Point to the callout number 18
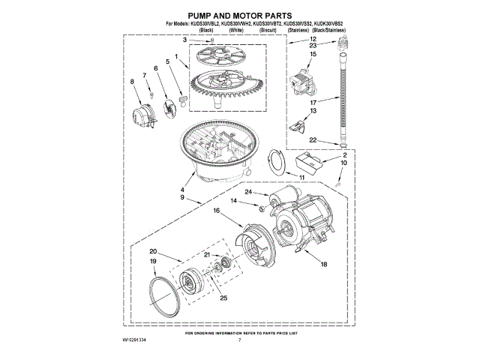324,264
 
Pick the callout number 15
313,54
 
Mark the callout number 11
301,176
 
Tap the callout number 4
181,191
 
